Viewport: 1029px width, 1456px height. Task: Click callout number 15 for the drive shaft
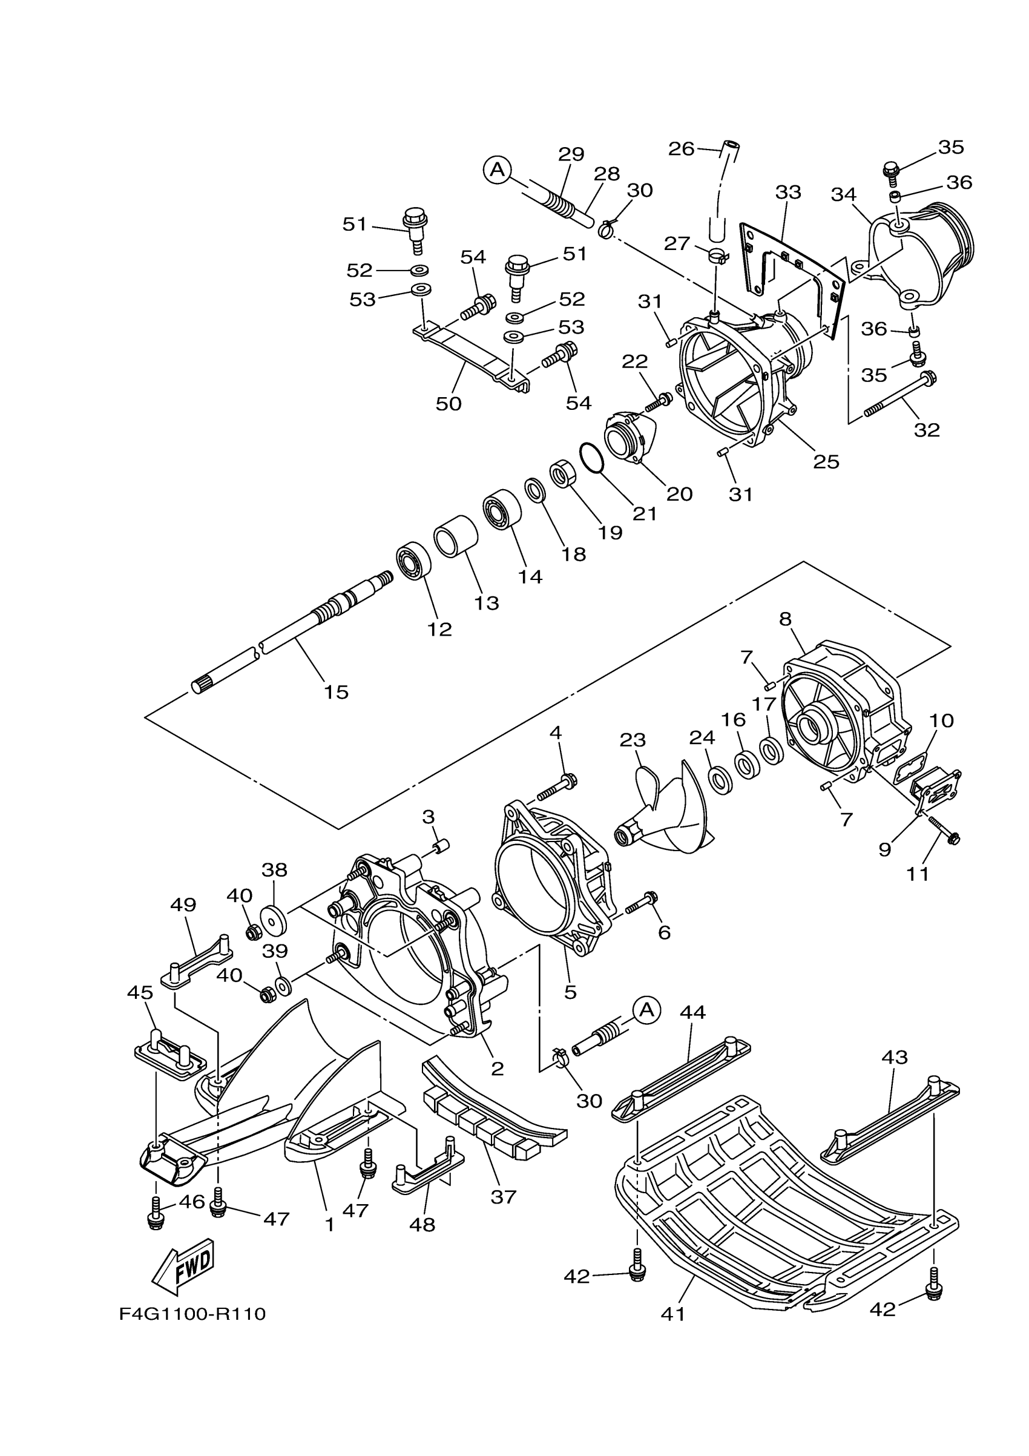[x=337, y=692]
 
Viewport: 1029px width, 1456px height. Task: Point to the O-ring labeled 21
[x=591, y=457]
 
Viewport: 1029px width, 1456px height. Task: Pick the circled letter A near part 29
[x=498, y=169]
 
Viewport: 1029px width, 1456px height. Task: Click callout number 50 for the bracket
[x=449, y=403]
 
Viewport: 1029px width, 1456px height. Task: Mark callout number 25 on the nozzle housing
[x=826, y=461]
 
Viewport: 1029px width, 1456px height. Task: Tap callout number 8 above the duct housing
[x=786, y=619]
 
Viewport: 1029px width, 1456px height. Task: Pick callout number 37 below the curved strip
[x=504, y=1197]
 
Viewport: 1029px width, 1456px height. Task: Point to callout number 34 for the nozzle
[x=843, y=195]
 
